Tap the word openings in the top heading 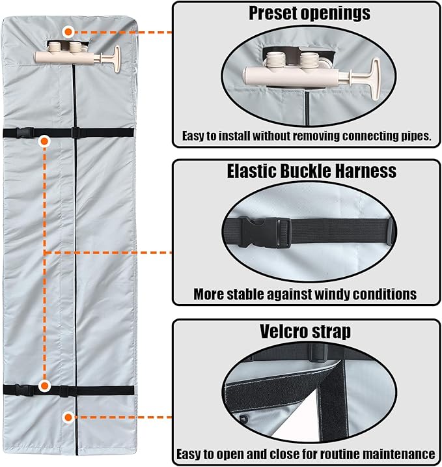tap(335, 14)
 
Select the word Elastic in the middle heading tap(251, 171)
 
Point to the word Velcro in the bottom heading tap(282, 331)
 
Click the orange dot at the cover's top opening tap(68, 31)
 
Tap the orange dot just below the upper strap tap(45, 142)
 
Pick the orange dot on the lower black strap tap(45, 386)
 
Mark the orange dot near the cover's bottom tap(68, 417)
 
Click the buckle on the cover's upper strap tap(25, 132)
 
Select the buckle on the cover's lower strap tap(24, 390)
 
